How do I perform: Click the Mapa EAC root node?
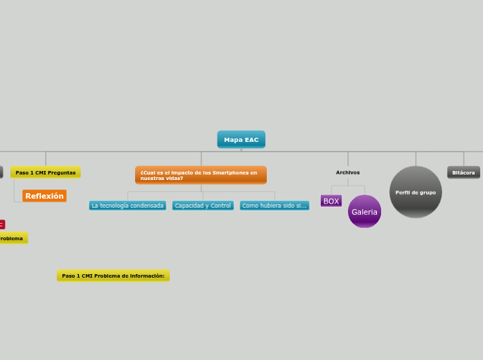coord(241,140)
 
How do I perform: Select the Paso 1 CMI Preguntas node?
coord(46,172)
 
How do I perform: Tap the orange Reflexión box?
coord(44,196)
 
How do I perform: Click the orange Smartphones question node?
coord(201,175)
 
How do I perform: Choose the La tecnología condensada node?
coord(128,206)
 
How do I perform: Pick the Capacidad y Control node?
coord(203,206)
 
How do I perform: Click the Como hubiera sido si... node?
coord(274,206)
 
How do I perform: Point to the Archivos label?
coord(348,172)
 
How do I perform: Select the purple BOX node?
coord(331,201)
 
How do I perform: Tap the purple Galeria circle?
coord(365,212)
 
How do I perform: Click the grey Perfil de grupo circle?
coord(416,192)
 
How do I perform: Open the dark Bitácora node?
coord(464,172)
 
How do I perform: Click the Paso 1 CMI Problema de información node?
coord(113,276)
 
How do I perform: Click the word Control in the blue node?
coord(220,206)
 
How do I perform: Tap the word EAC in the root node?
coord(251,140)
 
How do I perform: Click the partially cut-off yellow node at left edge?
coord(12,238)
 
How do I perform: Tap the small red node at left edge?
coord(1,224)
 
